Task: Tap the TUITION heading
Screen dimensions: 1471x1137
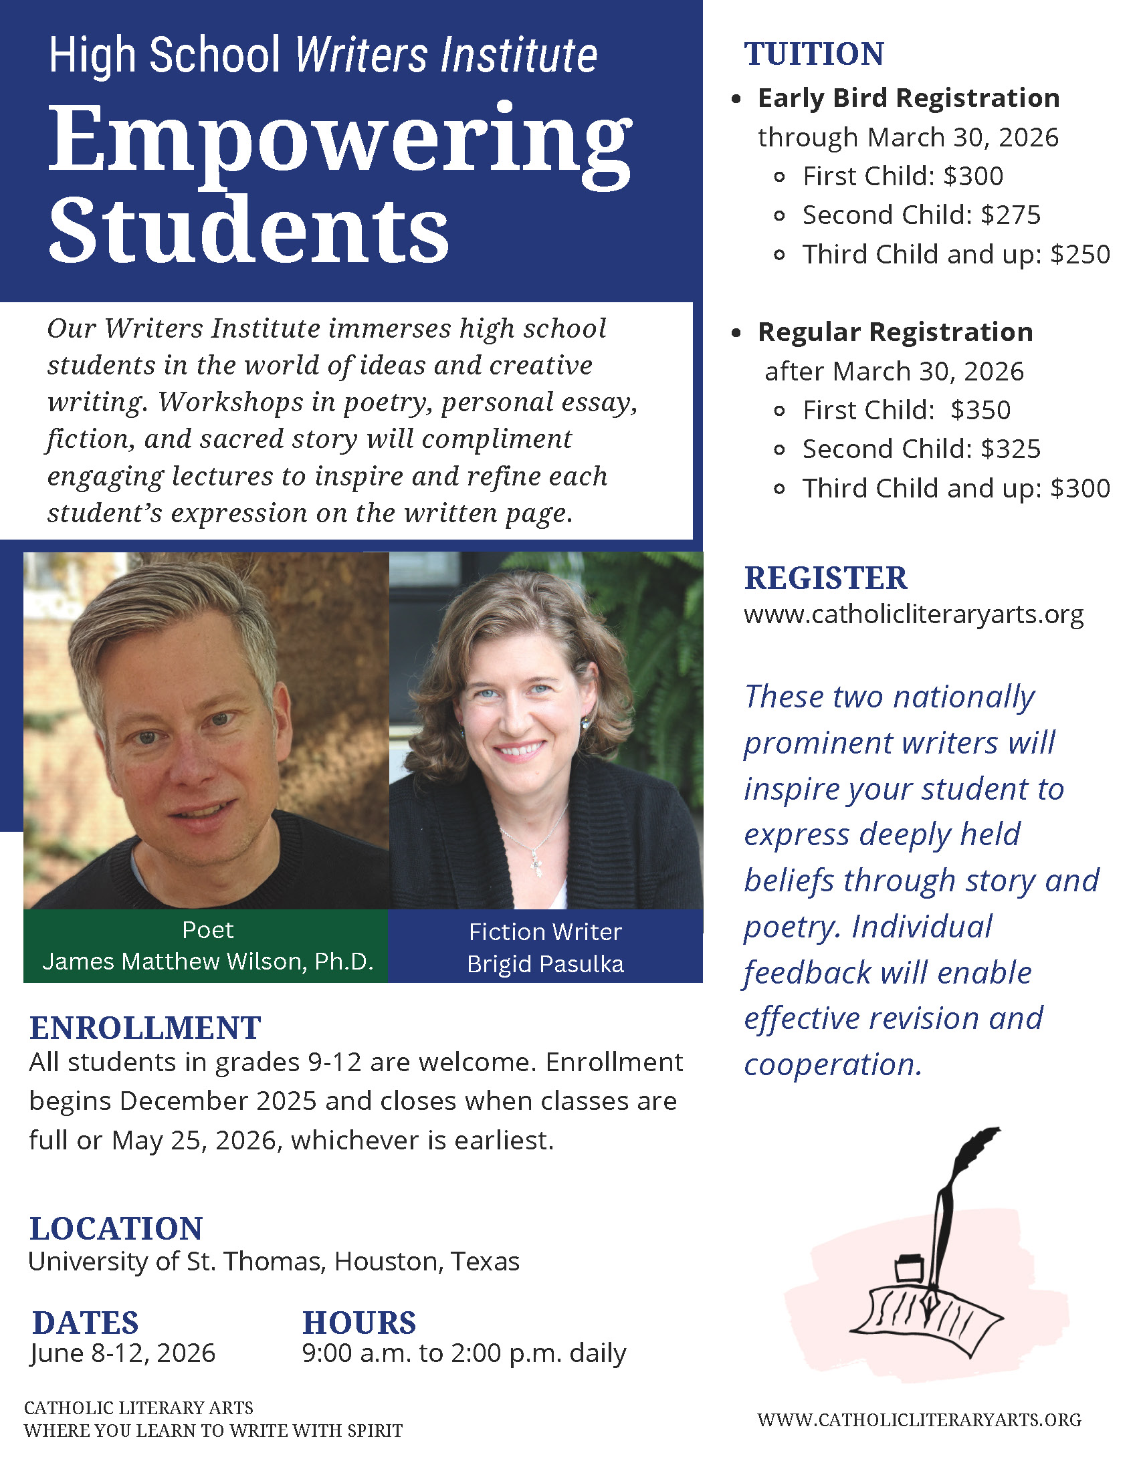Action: point(814,54)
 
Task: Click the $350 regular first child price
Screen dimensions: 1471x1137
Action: point(980,410)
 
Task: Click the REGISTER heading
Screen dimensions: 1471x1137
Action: point(826,578)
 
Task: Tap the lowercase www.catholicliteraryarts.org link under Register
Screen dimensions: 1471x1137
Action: point(914,614)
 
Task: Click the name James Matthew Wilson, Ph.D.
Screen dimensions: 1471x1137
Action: point(207,961)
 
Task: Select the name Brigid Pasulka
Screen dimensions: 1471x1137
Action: point(546,964)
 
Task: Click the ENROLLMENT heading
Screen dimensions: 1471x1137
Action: point(145,1028)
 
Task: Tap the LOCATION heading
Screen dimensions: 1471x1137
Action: point(116,1228)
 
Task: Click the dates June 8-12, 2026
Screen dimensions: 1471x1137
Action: point(122,1353)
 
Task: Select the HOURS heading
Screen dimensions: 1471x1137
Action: point(359,1323)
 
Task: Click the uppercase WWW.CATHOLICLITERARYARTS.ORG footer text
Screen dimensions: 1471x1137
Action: point(919,1420)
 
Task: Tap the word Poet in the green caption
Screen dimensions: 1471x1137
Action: point(207,930)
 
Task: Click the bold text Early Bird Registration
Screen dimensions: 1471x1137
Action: point(908,98)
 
